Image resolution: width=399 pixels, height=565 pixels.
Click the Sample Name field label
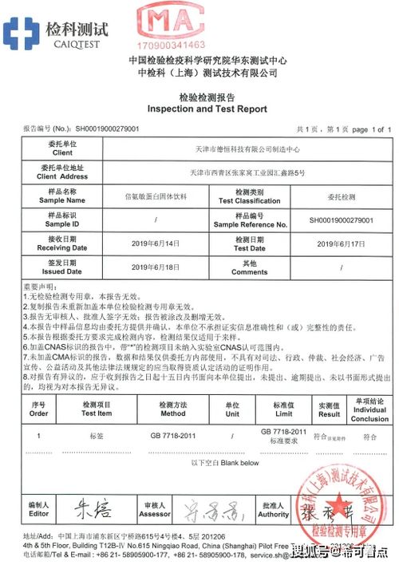(x=61, y=196)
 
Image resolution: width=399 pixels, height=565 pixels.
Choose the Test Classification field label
(x=250, y=196)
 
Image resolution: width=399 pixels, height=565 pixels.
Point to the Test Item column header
(x=97, y=409)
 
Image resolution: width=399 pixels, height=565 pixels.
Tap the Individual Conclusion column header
(x=369, y=409)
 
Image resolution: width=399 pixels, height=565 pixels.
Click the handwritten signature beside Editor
(x=93, y=508)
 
